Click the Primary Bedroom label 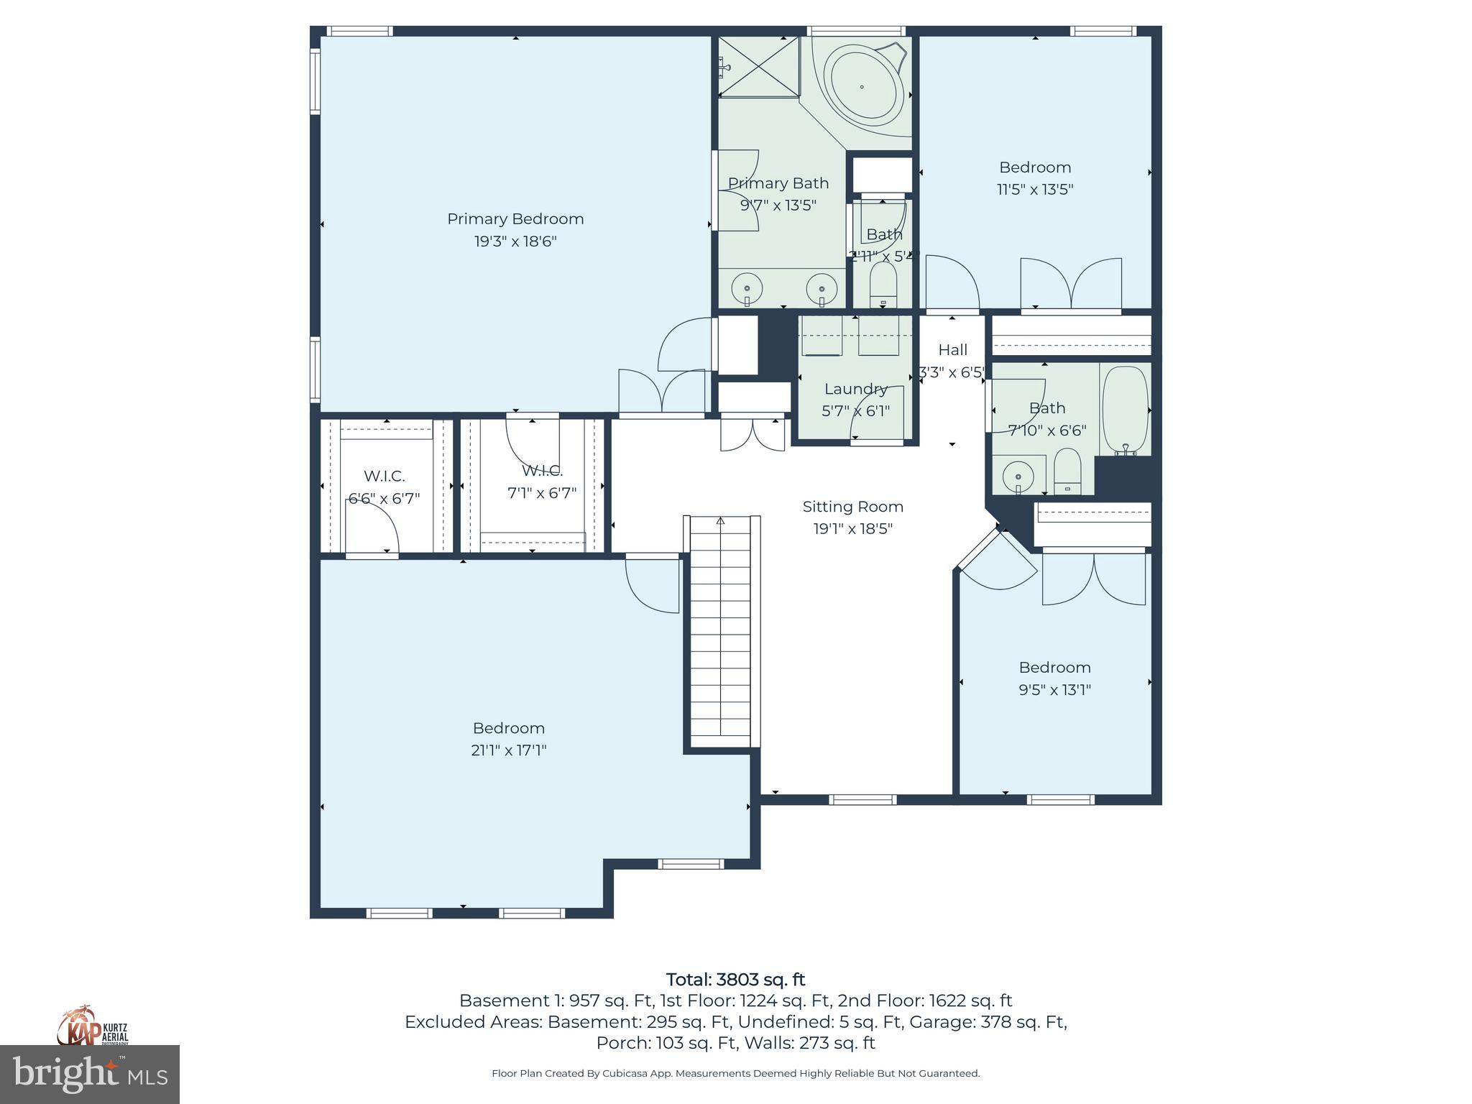coord(515,218)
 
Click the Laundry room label coord(855,389)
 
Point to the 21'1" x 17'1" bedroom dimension coord(509,750)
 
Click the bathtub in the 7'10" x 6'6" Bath coord(1126,410)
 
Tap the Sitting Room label coord(852,507)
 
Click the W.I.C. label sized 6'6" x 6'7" coord(384,476)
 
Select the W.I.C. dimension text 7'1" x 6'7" coord(542,493)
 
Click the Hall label coord(952,350)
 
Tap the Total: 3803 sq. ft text coord(735,980)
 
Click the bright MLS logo coord(90,1074)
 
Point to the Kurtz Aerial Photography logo coord(93,1027)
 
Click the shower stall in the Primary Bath coord(759,67)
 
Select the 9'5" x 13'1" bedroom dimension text coord(1054,690)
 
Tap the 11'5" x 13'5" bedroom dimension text coord(1035,190)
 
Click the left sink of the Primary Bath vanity coord(747,289)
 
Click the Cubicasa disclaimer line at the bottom coord(735,1073)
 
